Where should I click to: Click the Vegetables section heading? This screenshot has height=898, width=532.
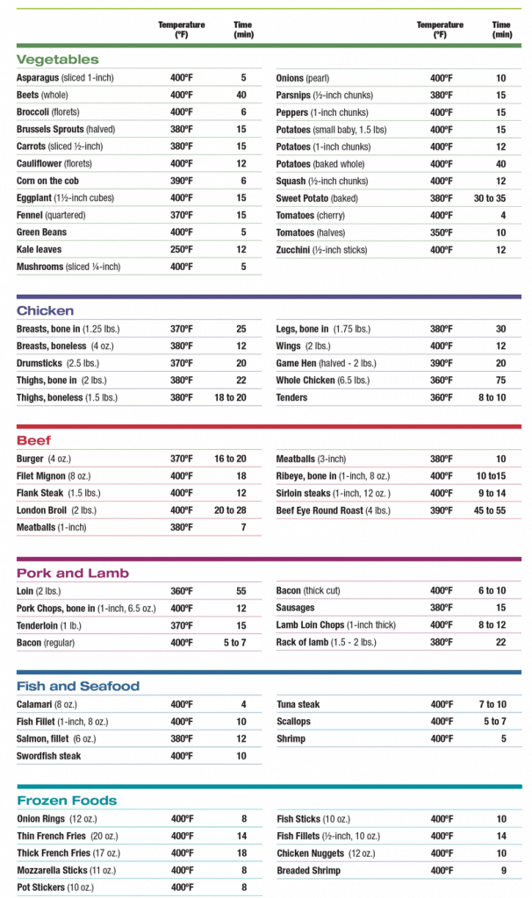tap(58, 60)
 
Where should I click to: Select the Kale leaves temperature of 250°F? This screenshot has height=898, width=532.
tap(182, 249)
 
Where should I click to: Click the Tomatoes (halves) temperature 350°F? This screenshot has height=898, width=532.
tap(442, 232)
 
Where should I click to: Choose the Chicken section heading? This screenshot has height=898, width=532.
tap(46, 310)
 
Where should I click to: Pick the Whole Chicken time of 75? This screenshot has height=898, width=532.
tap(501, 381)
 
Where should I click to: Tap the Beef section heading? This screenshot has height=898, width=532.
tap(34, 441)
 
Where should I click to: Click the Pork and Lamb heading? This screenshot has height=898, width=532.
tap(73, 573)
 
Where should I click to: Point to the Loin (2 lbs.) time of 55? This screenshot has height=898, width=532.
tap(242, 591)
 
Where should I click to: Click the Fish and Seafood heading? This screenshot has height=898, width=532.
tap(78, 686)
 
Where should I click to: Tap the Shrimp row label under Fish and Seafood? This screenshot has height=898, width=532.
tap(291, 738)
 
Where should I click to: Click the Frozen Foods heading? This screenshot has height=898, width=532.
tap(67, 801)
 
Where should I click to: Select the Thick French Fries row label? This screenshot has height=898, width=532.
tap(68, 852)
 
